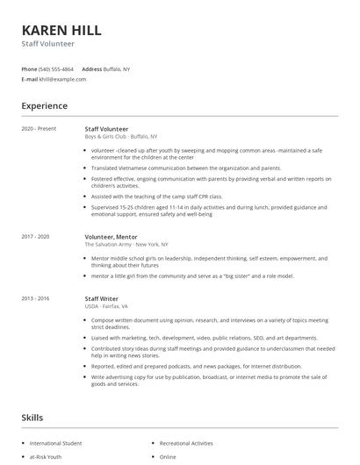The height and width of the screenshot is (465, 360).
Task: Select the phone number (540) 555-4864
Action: tap(57, 68)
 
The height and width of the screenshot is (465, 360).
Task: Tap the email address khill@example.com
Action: tap(63, 79)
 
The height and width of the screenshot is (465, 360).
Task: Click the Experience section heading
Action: tap(45, 106)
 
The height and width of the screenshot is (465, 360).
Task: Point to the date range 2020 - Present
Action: tap(39, 129)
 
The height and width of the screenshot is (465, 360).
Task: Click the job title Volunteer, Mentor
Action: tap(111, 236)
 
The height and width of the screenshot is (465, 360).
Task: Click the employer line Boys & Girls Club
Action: tap(120, 137)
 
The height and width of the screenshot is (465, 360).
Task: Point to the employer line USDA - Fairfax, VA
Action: tap(106, 307)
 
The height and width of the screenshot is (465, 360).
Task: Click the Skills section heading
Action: tap(32, 418)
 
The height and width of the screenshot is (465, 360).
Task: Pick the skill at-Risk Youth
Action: tap(46, 457)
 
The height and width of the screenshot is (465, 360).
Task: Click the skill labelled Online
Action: tap(169, 457)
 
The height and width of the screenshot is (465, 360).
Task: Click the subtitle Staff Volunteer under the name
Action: tap(48, 43)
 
